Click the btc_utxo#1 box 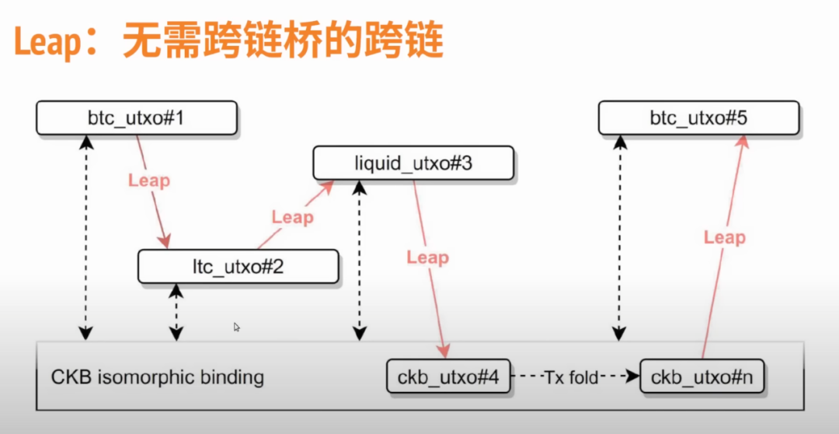(136, 118)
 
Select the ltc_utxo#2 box (238, 267)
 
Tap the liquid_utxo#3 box (413, 163)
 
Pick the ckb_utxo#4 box (448, 378)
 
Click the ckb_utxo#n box (702, 378)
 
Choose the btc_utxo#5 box (698, 117)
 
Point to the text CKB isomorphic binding (158, 378)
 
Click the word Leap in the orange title (48, 42)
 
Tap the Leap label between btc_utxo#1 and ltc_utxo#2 (148, 180)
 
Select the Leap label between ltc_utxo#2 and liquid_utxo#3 (292, 217)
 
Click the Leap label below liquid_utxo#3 (427, 257)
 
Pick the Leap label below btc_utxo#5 (724, 237)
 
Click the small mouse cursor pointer (237, 327)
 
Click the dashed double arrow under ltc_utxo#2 (177, 312)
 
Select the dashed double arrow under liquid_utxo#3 (358, 261)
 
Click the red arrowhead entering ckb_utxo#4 (445, 352)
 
